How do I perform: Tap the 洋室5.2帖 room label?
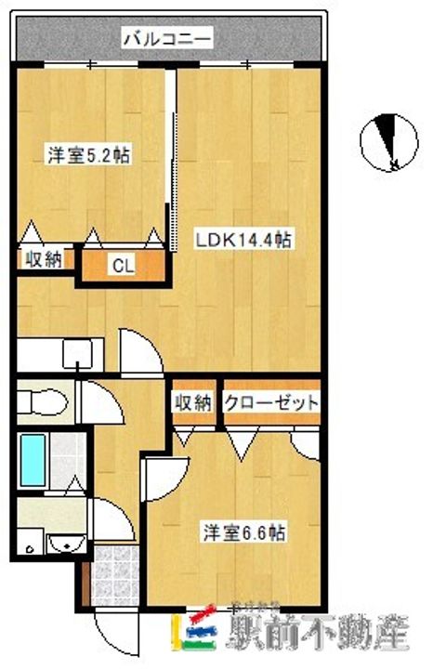[88, 156]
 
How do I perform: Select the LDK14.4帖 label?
[243, 240]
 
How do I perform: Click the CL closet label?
[123, 266]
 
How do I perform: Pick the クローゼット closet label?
[271, 403]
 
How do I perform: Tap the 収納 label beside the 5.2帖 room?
[42, 259]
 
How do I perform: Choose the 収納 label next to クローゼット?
[192, 403]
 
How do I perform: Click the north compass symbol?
[387, 143]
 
